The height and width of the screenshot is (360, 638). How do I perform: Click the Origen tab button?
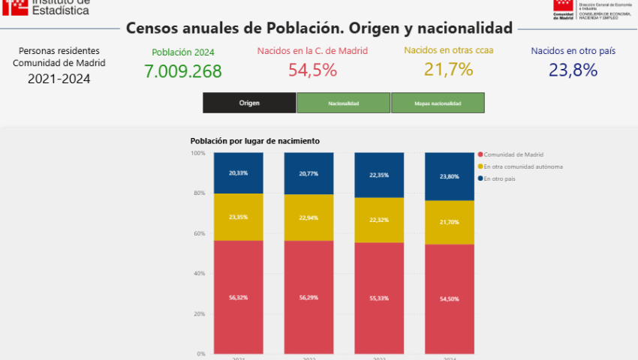[x=249, y=103]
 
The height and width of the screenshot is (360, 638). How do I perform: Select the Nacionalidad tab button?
[x=343, y=103]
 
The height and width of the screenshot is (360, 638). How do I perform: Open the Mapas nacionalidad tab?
[x=438, y=103]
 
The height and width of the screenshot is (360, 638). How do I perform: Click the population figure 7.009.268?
[x=183, y=71]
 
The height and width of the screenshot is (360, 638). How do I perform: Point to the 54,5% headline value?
[x=312, y=70]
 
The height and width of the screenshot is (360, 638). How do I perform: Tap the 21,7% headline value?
[x=448, y=70]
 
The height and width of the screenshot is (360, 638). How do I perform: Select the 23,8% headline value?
[x=573, y=70]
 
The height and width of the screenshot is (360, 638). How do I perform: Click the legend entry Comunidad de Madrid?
[x=513, y=154]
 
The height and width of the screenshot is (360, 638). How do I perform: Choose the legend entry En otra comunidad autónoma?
[x=522, y=166]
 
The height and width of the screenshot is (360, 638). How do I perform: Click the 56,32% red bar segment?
[x=238, y=297]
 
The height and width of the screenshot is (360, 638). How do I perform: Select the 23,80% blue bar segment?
[x=450, y=177]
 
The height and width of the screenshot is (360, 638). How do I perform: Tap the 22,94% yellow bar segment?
[x=308, y=217]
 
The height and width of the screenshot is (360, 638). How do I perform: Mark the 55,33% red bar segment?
[x=379, y=298]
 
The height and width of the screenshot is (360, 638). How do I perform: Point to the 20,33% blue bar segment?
[x=238, y=173]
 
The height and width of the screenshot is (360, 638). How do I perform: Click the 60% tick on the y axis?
[x=198, y=233]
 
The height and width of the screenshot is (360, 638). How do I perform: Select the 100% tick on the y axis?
[x=197, y=153]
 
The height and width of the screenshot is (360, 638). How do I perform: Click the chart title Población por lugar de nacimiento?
[x=254, y=141]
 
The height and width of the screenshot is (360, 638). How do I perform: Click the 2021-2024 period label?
[x=59, y=78]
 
